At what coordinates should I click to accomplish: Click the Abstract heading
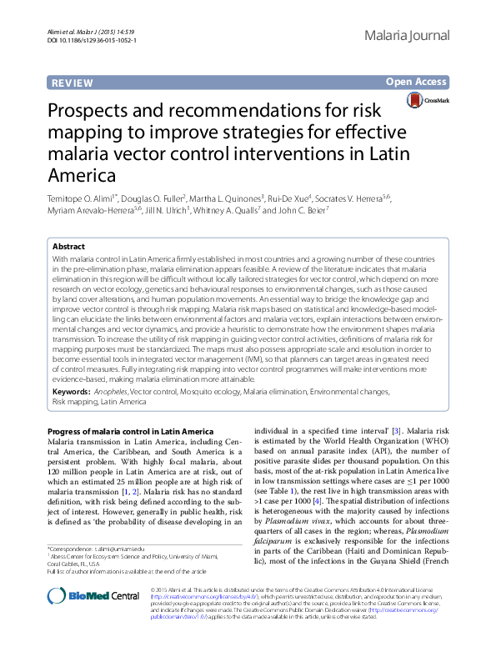pyautogui.click(x=68, y=248)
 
